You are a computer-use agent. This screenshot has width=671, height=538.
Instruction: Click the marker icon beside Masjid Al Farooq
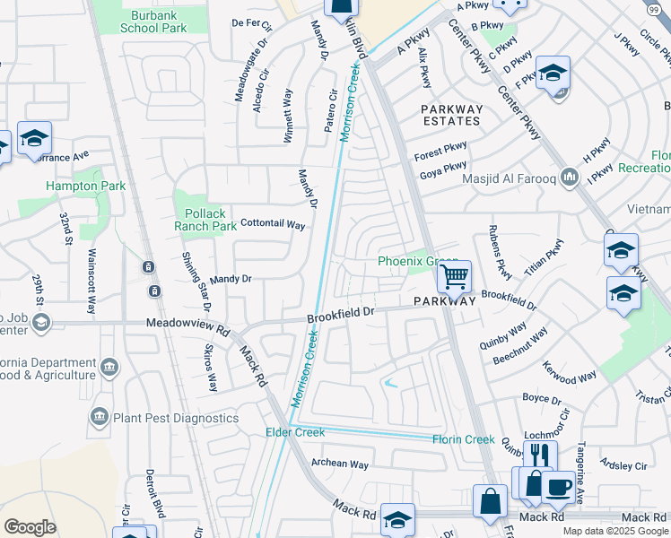(x=569, y=178)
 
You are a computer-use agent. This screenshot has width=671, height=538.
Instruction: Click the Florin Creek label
(x=463, y=439)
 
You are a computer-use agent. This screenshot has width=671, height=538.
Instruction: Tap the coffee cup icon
(x=558, y=486)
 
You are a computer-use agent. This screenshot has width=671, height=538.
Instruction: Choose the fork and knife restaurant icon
(x=539, y=456)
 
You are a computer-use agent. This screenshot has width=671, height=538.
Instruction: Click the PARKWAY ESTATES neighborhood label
(x=452, y=115)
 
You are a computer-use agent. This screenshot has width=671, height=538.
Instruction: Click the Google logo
(x=30, y=527)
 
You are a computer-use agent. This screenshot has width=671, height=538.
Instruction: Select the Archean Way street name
(x=339, y=464)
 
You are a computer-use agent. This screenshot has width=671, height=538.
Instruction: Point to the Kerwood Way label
(x=569, y=372)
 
